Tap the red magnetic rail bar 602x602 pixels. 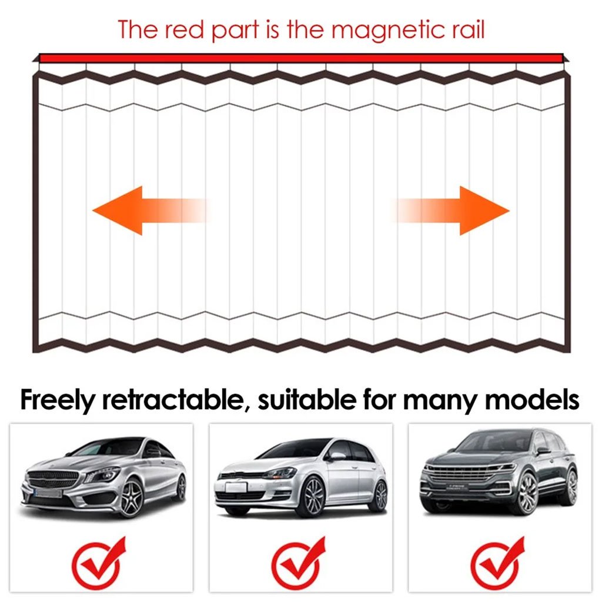(300, 58)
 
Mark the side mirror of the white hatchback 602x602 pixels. (336, 455)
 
